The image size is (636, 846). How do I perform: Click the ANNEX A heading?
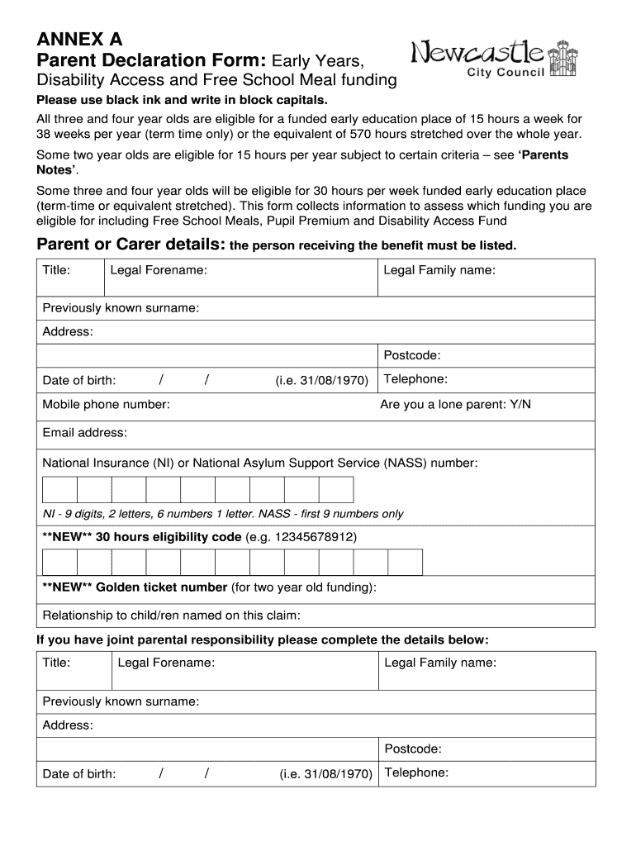[78, 39]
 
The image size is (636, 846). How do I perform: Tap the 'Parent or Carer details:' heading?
[131, 245]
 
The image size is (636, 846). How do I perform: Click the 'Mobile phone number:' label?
[106, 405]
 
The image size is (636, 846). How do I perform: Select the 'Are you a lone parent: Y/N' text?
[455, 405]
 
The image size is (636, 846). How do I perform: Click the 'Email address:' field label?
[84, 433]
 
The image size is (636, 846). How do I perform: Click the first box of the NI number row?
[59, 489]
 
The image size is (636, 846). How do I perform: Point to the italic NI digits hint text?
[223, 514]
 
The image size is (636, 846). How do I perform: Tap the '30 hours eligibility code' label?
[168, 537]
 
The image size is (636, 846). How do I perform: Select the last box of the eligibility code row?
[405, 562]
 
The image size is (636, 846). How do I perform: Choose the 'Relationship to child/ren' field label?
[171, 615]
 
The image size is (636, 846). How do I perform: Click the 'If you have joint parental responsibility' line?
[263, 640]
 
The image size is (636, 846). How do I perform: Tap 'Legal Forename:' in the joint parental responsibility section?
[166, 663]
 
